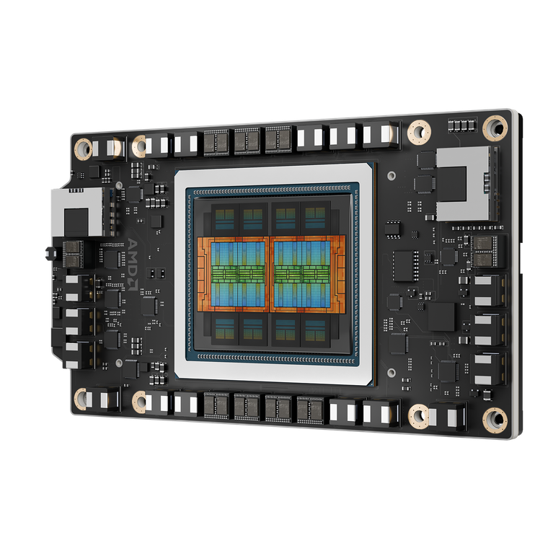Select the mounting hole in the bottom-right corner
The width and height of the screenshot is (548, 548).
pos(495,417)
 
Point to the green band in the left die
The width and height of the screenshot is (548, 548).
pos(238,273)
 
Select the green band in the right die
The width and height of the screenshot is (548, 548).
pos(302,273)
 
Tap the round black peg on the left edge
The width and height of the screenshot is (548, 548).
pos(47,253)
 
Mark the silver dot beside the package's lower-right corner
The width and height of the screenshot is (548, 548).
pos(390,373)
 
